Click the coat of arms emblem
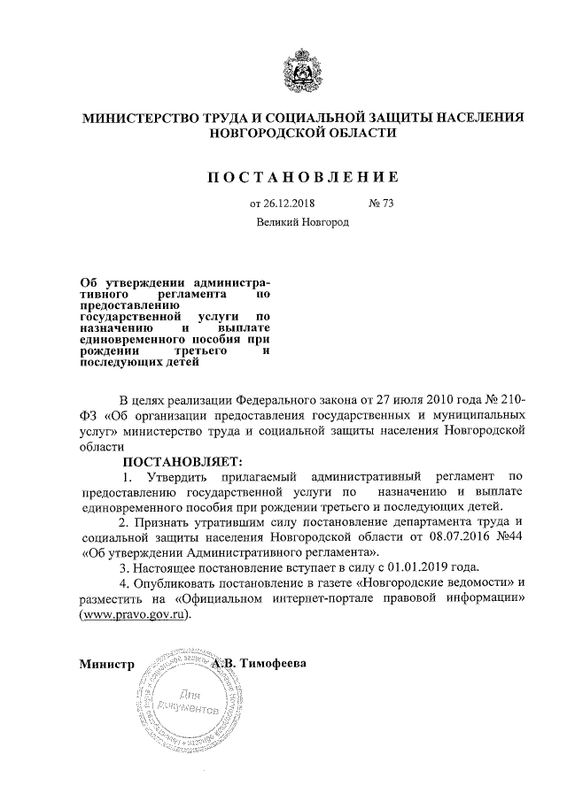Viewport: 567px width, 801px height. [303, 70]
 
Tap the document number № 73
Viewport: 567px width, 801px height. [380, 204]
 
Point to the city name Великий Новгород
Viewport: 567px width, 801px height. [303, 222]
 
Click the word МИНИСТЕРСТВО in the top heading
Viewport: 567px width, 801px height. [142, 117]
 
